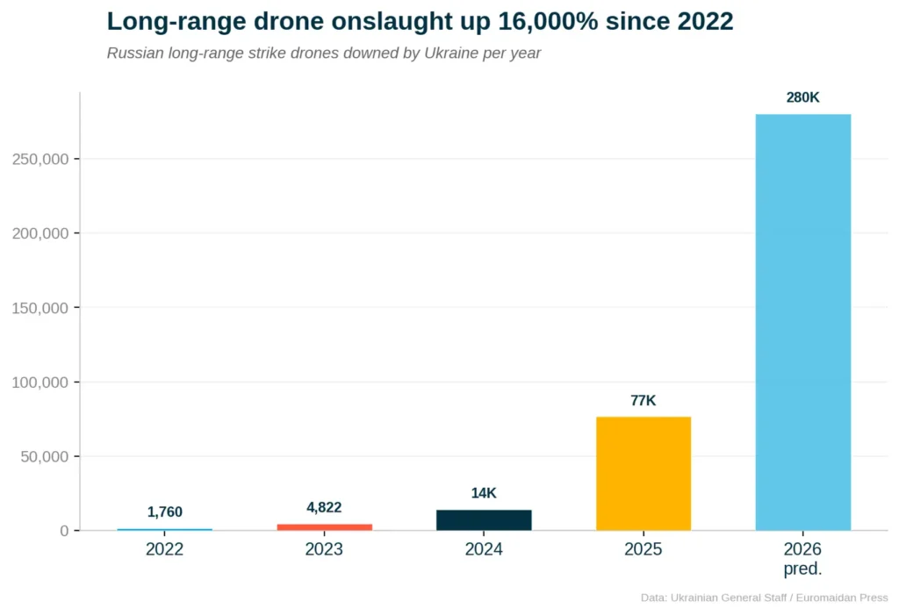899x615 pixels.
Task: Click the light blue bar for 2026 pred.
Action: pos(802,322)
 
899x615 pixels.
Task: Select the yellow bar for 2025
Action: pos(644,474)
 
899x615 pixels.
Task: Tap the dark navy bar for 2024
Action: pos(484,520)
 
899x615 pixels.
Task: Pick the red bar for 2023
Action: pos(324,526)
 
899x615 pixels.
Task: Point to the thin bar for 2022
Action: pos(164,529)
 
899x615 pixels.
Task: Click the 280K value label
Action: pos(802,98)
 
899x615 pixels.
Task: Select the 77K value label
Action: pos(644,401)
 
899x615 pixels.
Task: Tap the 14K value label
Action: pos(484,493)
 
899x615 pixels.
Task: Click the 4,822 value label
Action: pos(324,507)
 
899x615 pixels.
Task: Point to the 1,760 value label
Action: pos(164,512)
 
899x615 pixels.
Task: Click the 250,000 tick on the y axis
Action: pos(40,159)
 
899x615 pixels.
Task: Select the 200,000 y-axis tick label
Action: pos(40,233)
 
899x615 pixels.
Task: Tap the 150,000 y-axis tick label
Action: pos(40,308)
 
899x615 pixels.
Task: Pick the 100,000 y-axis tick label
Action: pos(40,383)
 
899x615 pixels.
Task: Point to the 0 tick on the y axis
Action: pos(64,531)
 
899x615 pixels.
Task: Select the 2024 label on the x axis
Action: pos(484,550)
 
